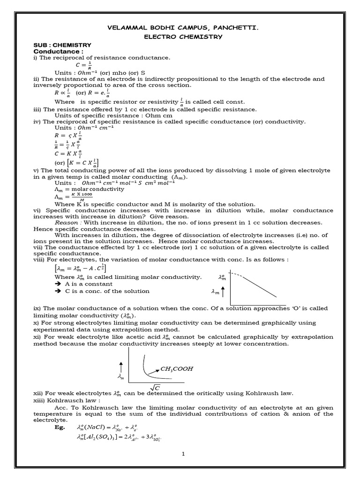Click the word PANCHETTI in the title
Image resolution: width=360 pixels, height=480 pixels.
(x=232, y=28)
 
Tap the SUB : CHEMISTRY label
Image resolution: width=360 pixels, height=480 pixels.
(x=62, y=45)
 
